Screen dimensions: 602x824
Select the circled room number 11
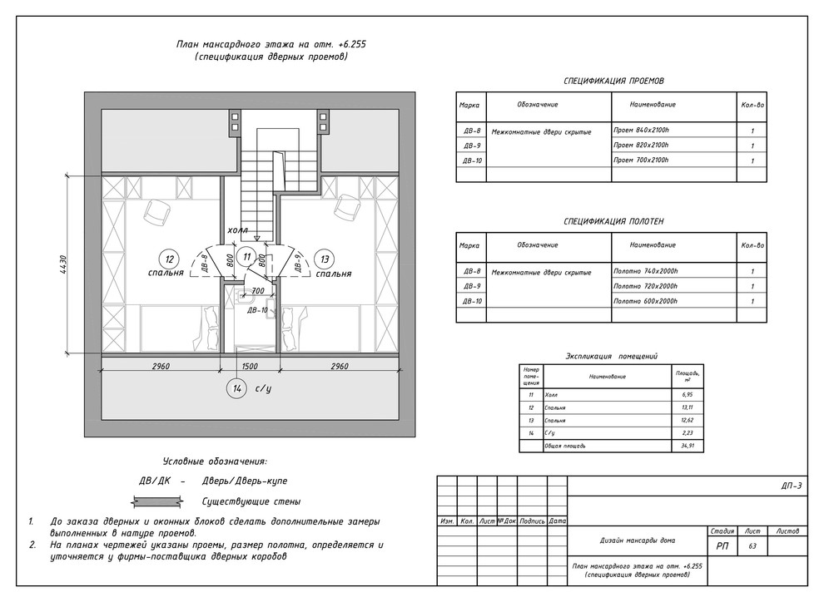pos(246,258)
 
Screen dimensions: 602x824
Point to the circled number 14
pos(238,388)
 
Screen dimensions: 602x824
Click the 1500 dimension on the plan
pos(250,366)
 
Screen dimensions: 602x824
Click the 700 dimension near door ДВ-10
pos(257,291)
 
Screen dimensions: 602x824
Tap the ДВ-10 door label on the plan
pos(257,309)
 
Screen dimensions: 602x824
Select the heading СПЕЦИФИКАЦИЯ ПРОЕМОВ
pos(613,81)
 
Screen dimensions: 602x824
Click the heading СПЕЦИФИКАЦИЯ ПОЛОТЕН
pos(613,222)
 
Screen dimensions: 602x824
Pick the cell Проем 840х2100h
pos(641,131)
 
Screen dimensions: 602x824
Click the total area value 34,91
pos(687,446)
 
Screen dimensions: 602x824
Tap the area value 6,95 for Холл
pos(687,395)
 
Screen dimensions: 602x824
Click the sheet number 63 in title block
pos(752,546)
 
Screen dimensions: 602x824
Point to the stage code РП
pos(721,546)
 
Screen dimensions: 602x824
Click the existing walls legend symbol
pos(158,501)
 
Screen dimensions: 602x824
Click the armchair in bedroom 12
pos(155,211)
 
